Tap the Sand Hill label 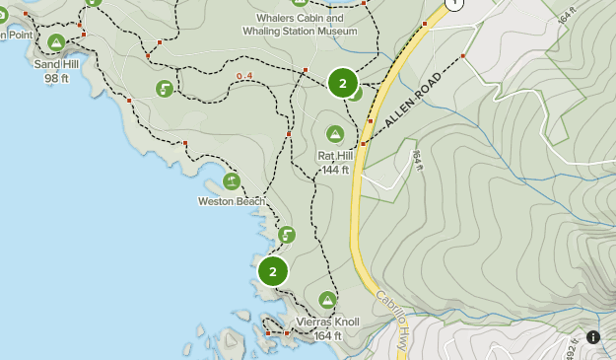click(55, 70)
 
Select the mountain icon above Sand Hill click(56, 42)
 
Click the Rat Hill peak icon click(335, 134)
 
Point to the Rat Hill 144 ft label click(335, 163)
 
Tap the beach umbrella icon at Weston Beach click(232, 180)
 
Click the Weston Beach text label click(232, 201)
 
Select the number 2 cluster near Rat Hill click(342, 84)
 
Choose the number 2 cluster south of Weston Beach click(273, 270)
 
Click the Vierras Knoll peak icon click(327, 300)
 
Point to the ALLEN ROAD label click(409, 99)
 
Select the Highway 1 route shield click(453, 4)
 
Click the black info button click(593, 337)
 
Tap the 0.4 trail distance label click(244, 76)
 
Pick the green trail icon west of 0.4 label click(165, 89)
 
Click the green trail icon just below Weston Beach click(286, 235)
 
